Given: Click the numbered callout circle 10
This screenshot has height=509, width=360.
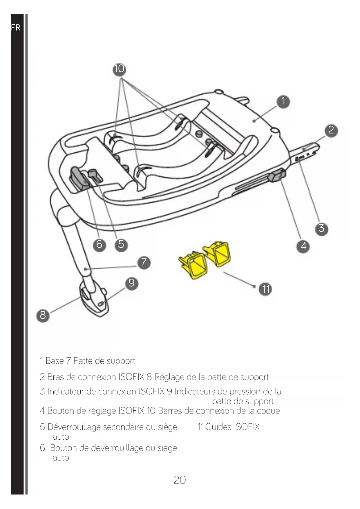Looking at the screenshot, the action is pyautogui.click(x=119, y=69).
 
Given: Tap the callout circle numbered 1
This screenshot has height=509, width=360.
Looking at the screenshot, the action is pyautogui.click(x=283, y=101).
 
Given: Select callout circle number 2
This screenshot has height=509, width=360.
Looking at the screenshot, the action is pyautogui.click(x=331, y=130).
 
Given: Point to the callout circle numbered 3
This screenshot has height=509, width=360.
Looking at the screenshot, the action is pyautogui.click(x=321, y=228).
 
